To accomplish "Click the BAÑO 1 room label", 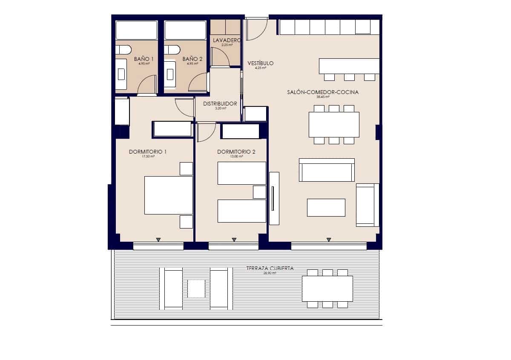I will tap(144, 59).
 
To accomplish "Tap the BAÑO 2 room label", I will tap(192, 59).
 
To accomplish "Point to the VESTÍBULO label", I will tap(261, 63).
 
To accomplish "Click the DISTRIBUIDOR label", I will tap(220, 103).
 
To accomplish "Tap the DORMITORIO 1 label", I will tap(147, 151).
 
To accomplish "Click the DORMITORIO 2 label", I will tap(236, 151).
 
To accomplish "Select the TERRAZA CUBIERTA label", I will tap(270, 269).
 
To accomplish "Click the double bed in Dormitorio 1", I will tap(169, 195).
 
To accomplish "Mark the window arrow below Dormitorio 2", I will tap(234, 240).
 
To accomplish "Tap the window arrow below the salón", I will tap(329, 240).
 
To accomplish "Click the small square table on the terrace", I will tap(196, 289).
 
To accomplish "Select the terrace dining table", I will tap(327, 289).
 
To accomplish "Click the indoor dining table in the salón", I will tap(334, 124).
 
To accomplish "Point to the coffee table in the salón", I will tap(326, 208).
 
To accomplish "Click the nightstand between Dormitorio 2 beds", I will tap(259, 192).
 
